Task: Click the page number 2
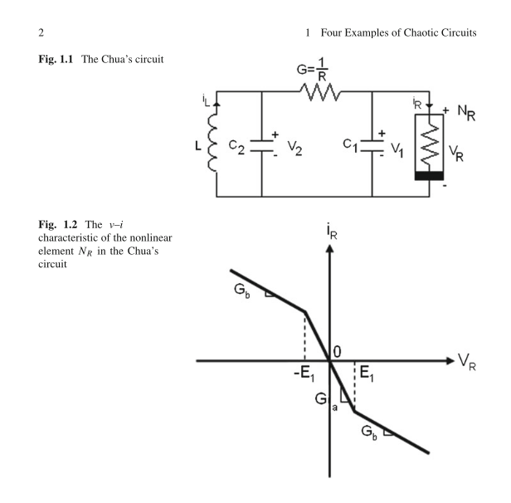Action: [41, 32]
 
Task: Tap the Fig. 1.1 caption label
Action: [56, 59]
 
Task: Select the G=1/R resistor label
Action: [312, 70]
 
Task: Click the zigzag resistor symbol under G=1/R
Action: [319, 92]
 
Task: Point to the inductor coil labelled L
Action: [212, 143]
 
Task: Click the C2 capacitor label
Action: [236, 147]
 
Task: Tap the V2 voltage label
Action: [294, 149]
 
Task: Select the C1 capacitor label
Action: [350, 145]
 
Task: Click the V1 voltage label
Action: [397, 150]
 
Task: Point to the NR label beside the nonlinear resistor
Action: [466, 113]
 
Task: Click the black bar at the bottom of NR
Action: [429, 176]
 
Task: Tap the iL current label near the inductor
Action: [206, 100]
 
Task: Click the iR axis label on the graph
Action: [332, 232]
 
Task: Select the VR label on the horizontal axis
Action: [467, 363]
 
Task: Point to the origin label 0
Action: [338, 352]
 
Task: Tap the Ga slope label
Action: [326, 400]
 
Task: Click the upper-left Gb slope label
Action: [242, 291]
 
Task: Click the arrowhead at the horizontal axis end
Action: [450, 360]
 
